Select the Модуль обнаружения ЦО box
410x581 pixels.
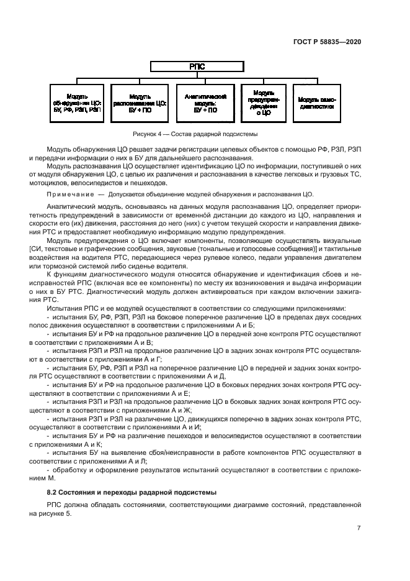[x=78, y=102]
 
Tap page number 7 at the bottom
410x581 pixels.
[x=359, y=528]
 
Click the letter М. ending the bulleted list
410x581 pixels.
[x=51, y=478]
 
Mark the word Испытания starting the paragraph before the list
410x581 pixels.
[x=64, y=308]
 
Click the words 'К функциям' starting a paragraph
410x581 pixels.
[x=63, y=273]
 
